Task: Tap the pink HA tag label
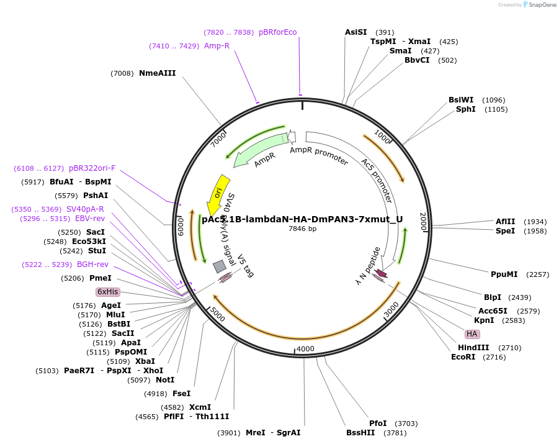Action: click(x=472, y=334)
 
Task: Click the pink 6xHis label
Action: click(x=107, y=292)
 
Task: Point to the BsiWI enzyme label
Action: click(x=461, y=100)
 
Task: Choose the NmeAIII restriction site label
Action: click(x=158, y=73)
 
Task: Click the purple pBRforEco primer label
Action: click(x=278, y=32)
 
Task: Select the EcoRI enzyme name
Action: click(x=463, y=357)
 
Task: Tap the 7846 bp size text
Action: click(x=302, y=229)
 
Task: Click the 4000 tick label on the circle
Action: click(x=306, y=349)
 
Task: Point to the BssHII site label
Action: click(x=360, y=433)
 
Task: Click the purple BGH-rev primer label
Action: click(x=92, y=265)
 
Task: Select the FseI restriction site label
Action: click(x=181, y=394)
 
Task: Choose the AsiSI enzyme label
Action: click(x=356, y=32)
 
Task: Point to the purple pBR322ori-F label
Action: click(x=92, y=168)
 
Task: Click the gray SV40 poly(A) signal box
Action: click(x=219, y=266)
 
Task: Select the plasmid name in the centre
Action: click(x=302, y=219)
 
